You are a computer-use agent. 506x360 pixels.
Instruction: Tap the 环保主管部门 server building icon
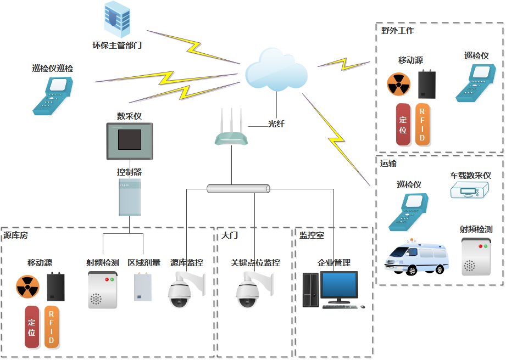pyautogui.click(x=117, y=18)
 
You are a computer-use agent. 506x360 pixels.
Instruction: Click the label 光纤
pyautogui.click(x=276, y=124)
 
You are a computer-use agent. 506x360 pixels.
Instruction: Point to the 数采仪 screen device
pyautogui.click(x=130, y=141)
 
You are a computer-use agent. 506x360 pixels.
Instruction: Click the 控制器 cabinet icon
pyautogui.click(x=130, y=197)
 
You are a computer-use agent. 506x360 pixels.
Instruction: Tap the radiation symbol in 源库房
pyautogui.click(x=27, y=286)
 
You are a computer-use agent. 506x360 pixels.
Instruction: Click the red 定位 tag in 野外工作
pyautogui.click(x=403, y=125)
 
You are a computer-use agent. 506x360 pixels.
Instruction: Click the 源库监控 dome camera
pyautogui.click(x=185, y=290)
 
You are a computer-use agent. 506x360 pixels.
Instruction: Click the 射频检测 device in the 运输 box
pyautogui.click(x=476, y=257)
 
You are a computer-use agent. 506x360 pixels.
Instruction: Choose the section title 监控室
pyautogui.click(x=312, y=235)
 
